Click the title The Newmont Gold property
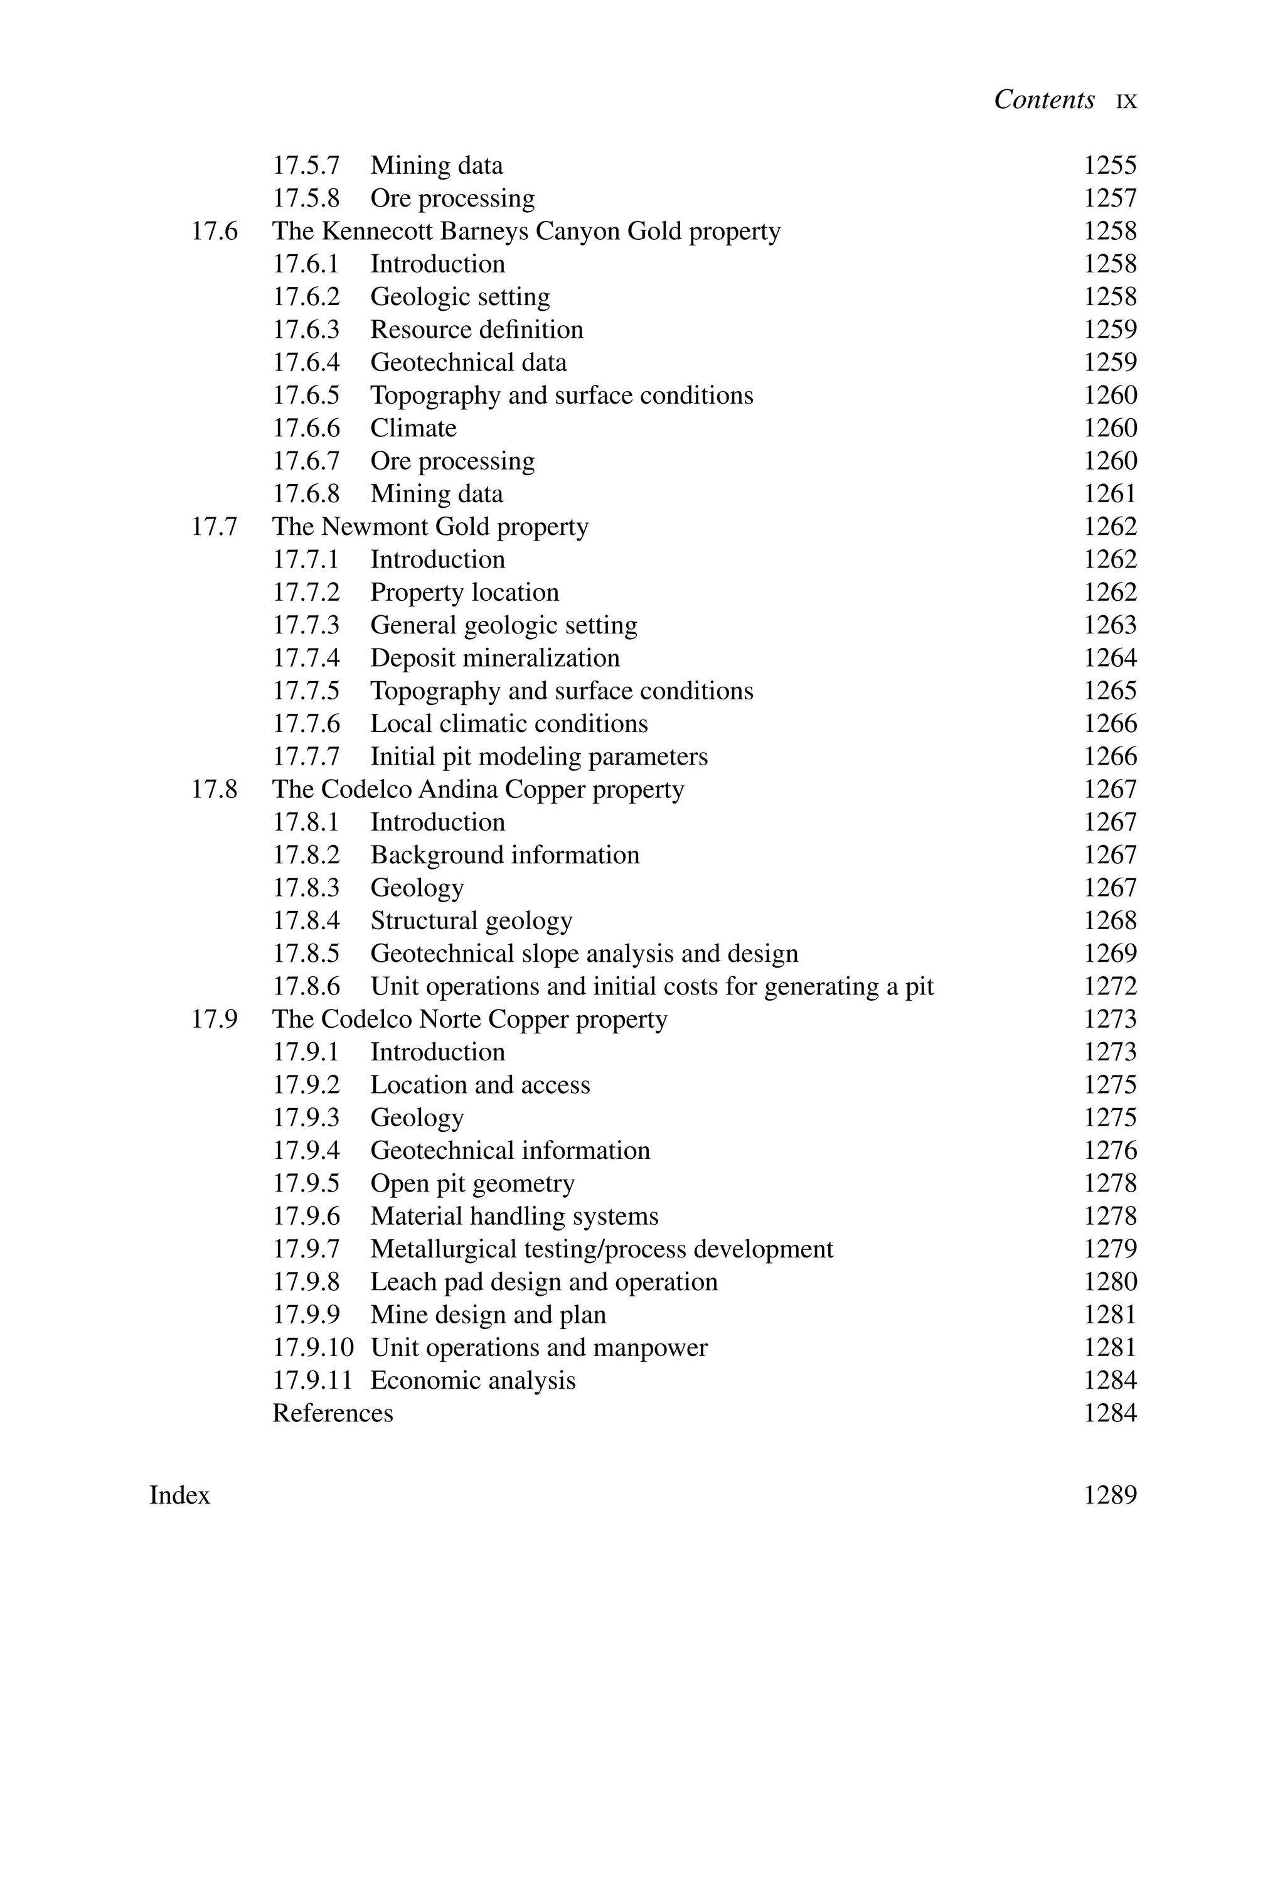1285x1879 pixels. click(430, 527)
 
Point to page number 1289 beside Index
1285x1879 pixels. click(1109, 1495)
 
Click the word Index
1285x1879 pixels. click(179, 1495)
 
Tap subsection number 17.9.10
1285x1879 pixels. click(312, 1348)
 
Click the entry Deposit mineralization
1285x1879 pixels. click(494, 658)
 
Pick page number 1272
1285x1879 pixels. click(1109, 986)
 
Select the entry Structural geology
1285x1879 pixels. click(471, 921)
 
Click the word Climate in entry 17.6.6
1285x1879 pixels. click(413, 429)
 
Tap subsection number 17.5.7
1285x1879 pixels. click(306, 166)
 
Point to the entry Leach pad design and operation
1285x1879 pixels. click(544, 1283)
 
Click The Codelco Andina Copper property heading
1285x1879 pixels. click(477, 790)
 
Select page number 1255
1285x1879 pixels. click(1109, 166)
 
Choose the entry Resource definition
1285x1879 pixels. click(477, 330)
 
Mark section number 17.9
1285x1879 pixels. click(214, 1020)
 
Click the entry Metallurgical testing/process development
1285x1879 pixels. click(601, 1249)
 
